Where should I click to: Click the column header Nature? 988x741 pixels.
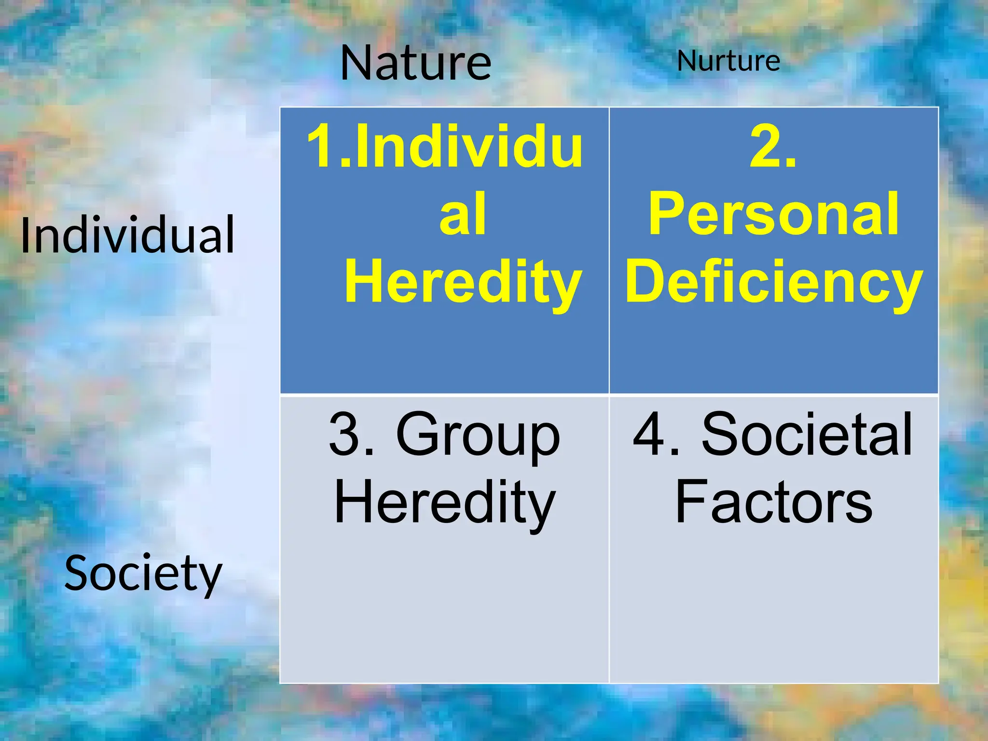tap(415, 63)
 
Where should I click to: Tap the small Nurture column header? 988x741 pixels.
tap(728, 61)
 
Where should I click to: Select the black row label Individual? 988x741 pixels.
tap(127, 235)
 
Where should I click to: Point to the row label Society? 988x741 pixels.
tap(143, 573)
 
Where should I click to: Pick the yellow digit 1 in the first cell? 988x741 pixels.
tap(321, 146)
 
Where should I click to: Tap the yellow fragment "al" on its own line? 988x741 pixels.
tap(462, 214)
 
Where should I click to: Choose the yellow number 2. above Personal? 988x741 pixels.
tap(773, 146)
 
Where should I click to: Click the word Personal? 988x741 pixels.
tap(773, 214)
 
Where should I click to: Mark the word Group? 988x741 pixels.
tap(478, 435)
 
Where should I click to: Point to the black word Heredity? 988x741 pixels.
tap(445, 503)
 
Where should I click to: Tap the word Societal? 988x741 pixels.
tap(807, 434)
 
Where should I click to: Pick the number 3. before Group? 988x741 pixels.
tap(351, 435)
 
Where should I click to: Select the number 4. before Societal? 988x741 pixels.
tap(656, 435)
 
